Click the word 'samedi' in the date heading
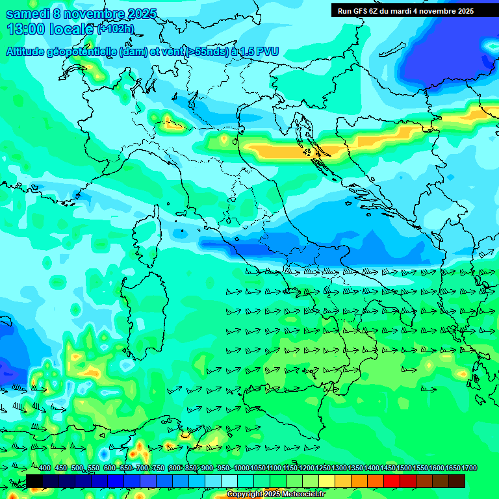pyautogui.click(x=28, y=14)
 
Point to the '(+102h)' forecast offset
pyautogui.click(x=115, y=29)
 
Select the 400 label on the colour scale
pyautogui.click(x=45, y=468)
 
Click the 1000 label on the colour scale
pyautogui.click(x=241, y=468)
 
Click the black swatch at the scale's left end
pyautogui.click(x=34, y=480)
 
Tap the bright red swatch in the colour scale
pyautogui.click(x=392, y=480)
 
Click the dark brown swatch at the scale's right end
pyautogui.click(x=457, y=480)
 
